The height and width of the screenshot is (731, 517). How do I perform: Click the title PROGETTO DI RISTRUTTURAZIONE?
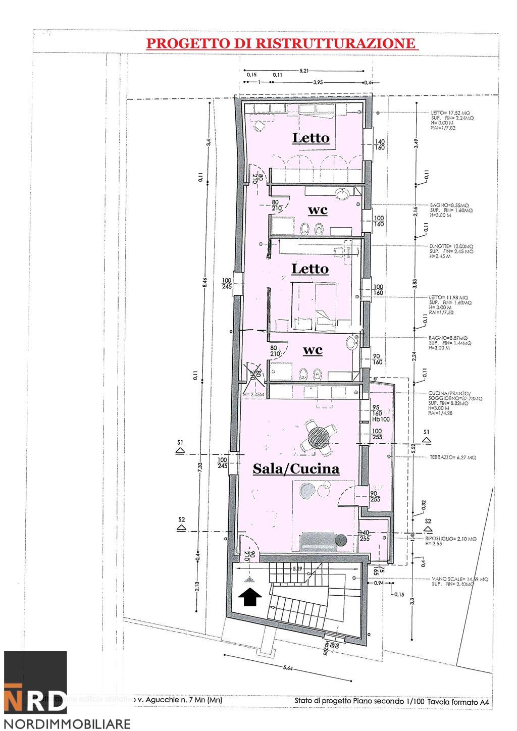click(282, 43)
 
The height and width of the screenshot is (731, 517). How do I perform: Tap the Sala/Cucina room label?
click(296, 469)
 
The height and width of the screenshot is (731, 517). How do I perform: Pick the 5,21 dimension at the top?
click(304, 71)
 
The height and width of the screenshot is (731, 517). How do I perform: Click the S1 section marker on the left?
click(180, 445)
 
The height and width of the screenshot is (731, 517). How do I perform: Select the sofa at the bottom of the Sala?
click(319, 541)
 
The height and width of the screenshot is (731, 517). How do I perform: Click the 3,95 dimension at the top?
click(318, 82)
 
